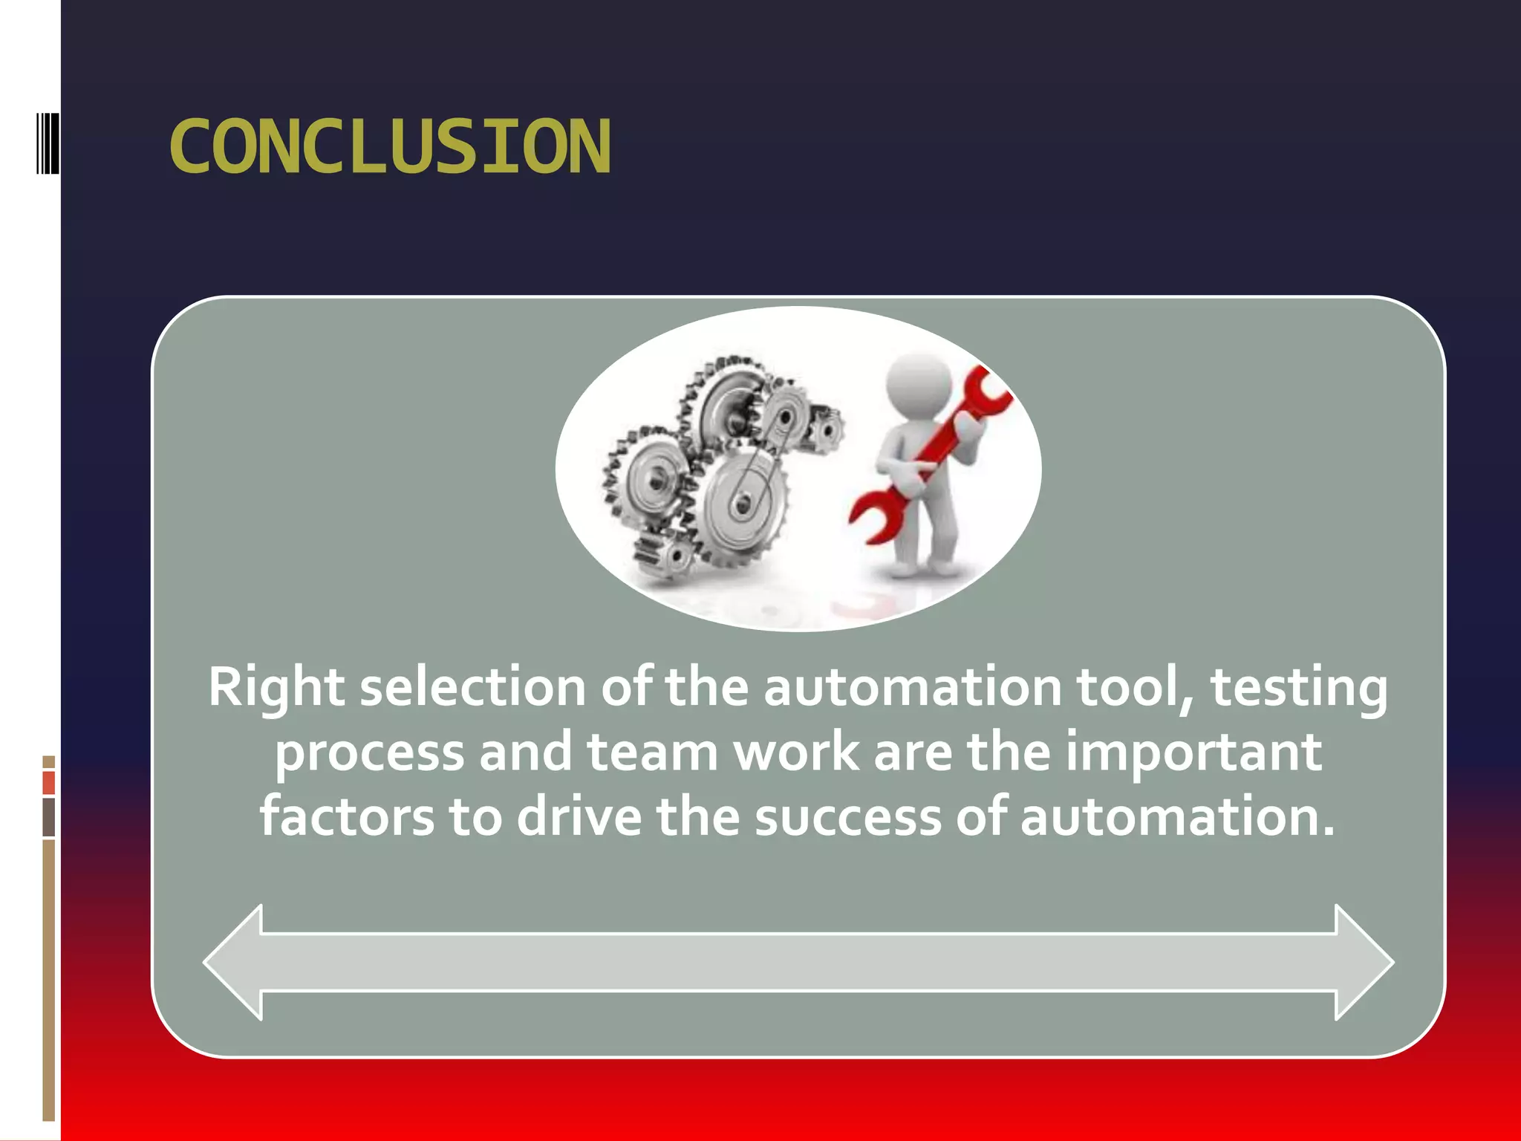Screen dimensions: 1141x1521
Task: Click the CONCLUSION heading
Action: (x=390, y=147)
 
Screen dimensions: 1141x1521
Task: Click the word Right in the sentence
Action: (x=276, y=687)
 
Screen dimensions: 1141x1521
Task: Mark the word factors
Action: (x=347, y=816)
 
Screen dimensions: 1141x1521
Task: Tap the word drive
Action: (x=579, y=816)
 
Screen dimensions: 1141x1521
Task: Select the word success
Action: (x=847, y=816)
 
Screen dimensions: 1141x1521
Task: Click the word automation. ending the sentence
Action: (x=1177, y=816)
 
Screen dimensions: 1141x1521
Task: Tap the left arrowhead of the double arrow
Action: (x=235, y=962)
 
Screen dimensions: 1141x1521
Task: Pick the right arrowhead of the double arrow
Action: (x=1364, y=962)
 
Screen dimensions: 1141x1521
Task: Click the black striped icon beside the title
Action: (x=48, y=143)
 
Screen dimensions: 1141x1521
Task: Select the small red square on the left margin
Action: (x=49, y=783)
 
